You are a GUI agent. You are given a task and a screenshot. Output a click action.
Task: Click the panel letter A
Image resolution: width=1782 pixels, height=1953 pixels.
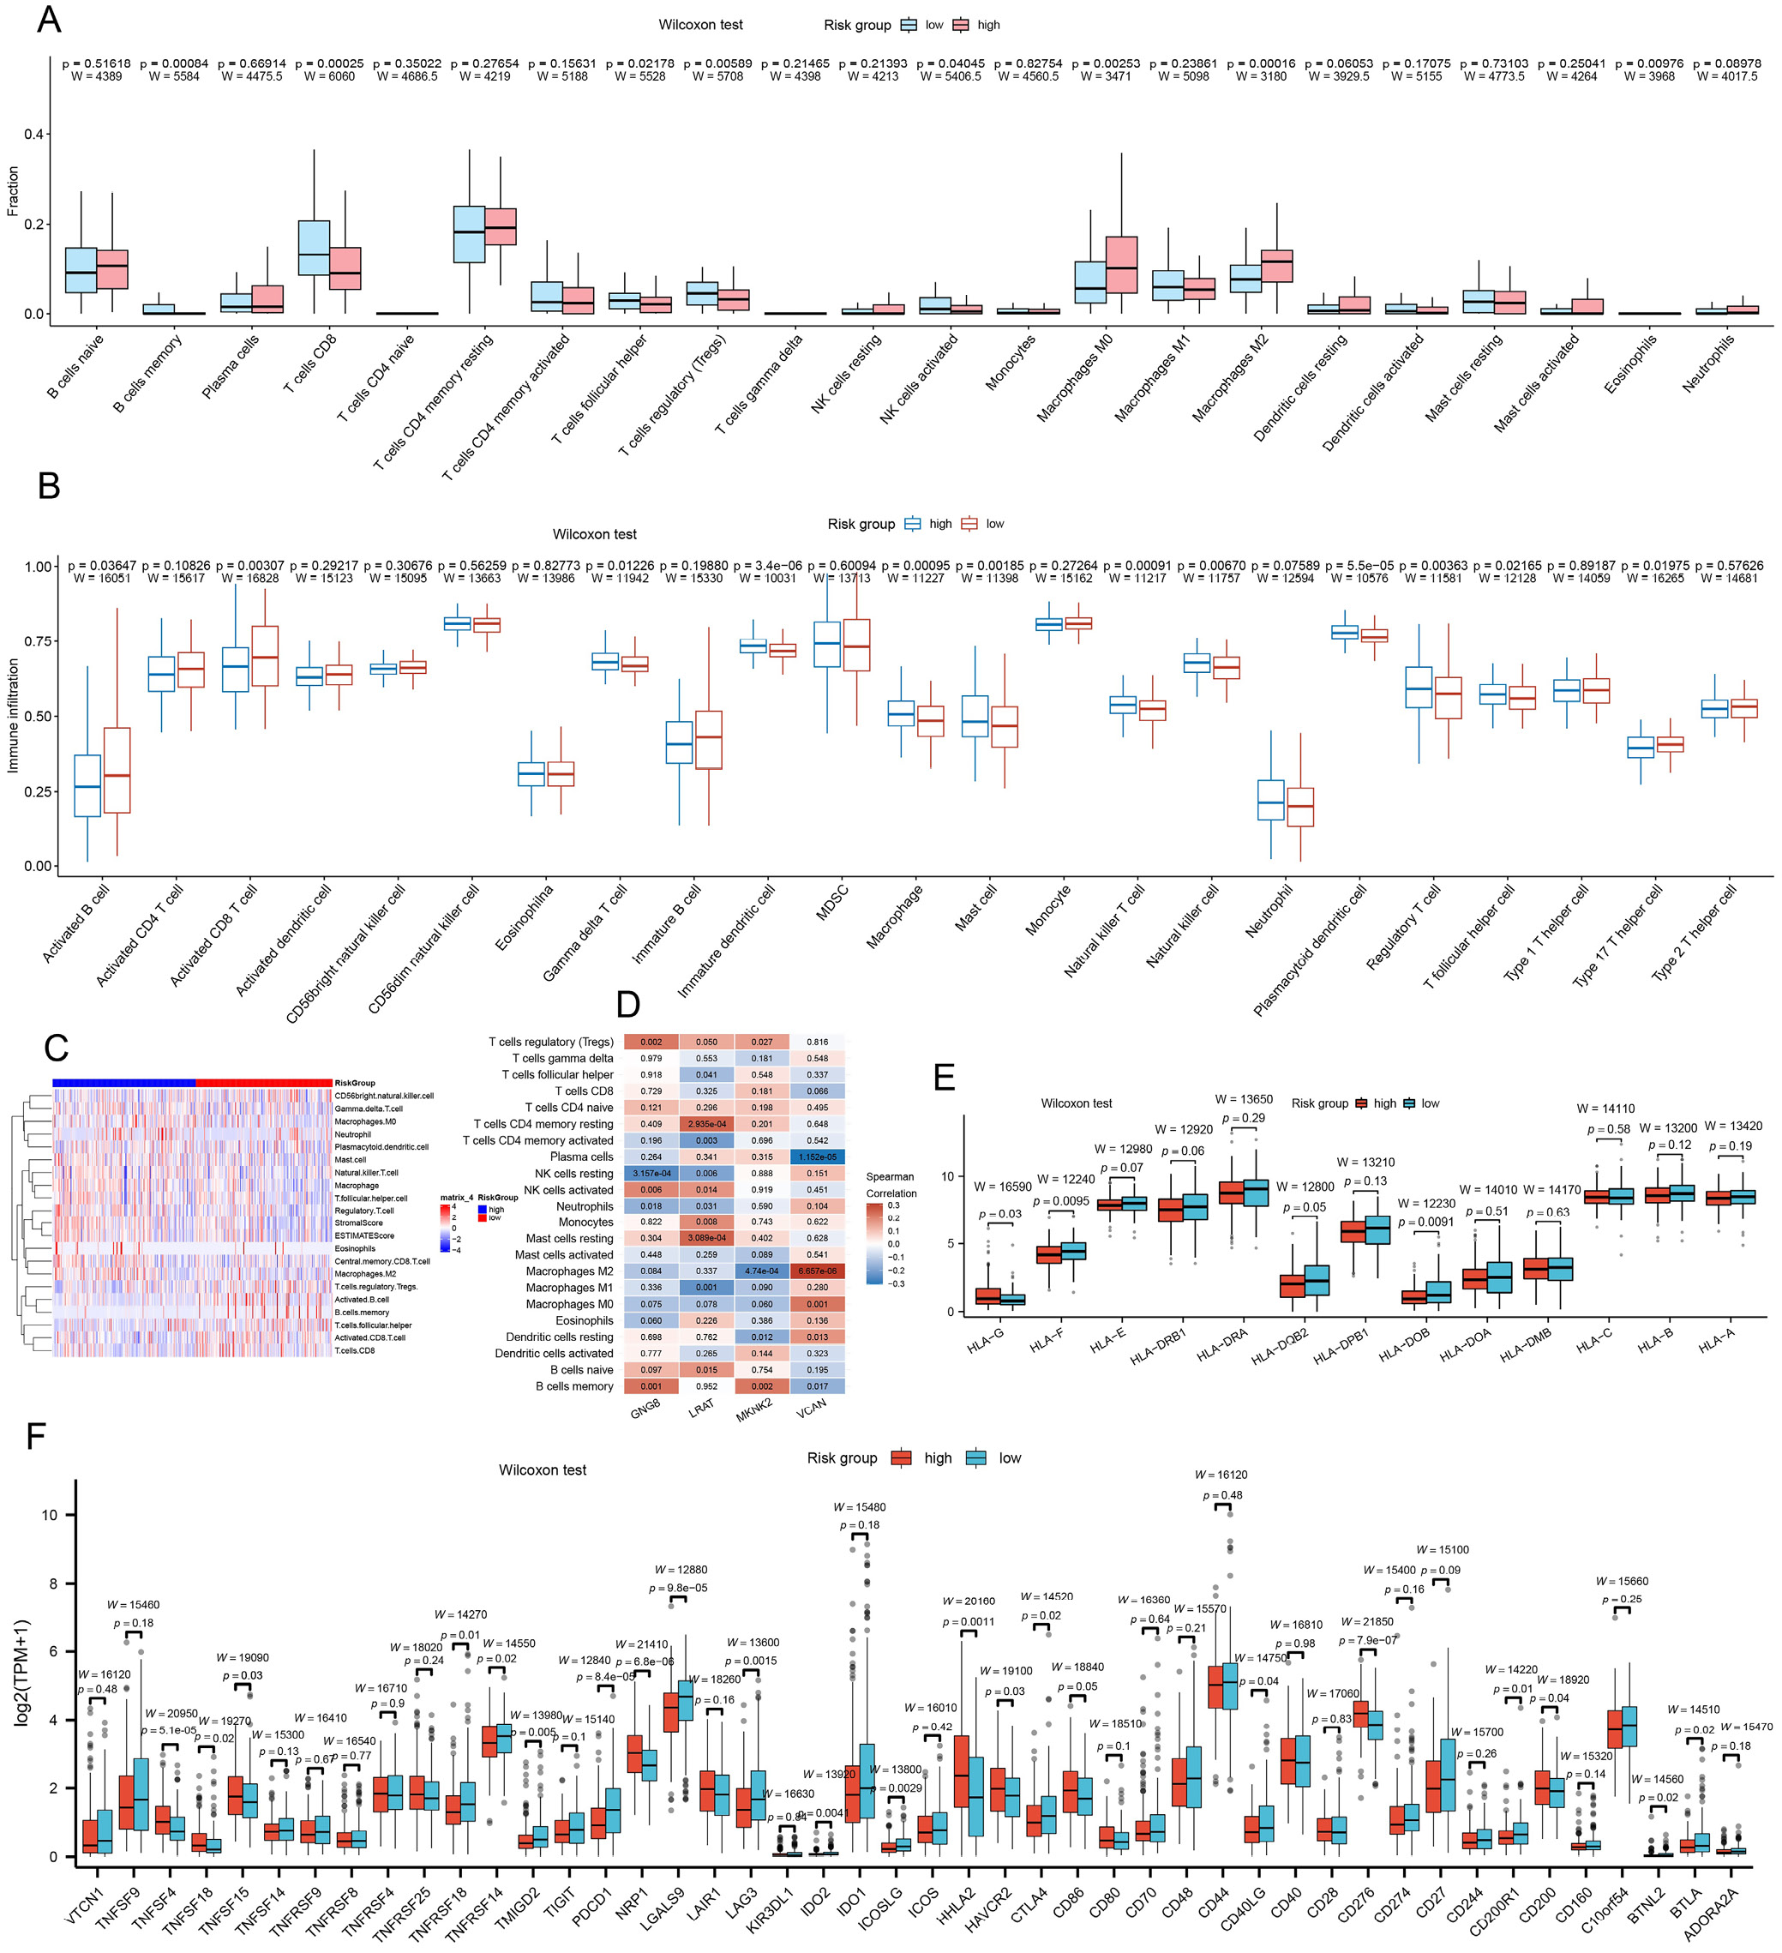pyautogui.click(x=48, y=21)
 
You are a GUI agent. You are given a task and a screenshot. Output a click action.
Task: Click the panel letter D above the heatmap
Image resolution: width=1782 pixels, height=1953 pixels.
pyautogui.click(x=627, y=1005)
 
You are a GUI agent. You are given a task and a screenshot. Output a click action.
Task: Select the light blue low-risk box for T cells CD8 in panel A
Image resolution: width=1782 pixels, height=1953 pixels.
pyautogui.click(x=314, y=248)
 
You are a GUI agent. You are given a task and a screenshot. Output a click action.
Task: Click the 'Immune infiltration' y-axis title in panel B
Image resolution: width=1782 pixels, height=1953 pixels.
pyautogui.click(x=14, y=716)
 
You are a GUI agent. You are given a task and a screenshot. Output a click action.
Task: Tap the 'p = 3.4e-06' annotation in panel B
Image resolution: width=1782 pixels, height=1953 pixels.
pyautogui.click(x=768, y=566)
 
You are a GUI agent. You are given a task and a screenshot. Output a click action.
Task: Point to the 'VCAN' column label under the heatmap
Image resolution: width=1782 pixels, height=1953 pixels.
pyautogui.click(x=812, y=1408)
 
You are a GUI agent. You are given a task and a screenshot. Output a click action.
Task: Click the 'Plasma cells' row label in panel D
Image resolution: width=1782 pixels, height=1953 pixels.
pyautogui.click(x=581, y=1157)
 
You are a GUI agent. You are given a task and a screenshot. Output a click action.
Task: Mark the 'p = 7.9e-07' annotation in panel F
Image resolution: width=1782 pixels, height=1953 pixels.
pyautogui.click(x=1367, y=1640)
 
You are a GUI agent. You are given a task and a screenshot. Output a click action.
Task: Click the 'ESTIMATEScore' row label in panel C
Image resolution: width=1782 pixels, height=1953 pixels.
pyautogui.click(x=364, y=1236)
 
